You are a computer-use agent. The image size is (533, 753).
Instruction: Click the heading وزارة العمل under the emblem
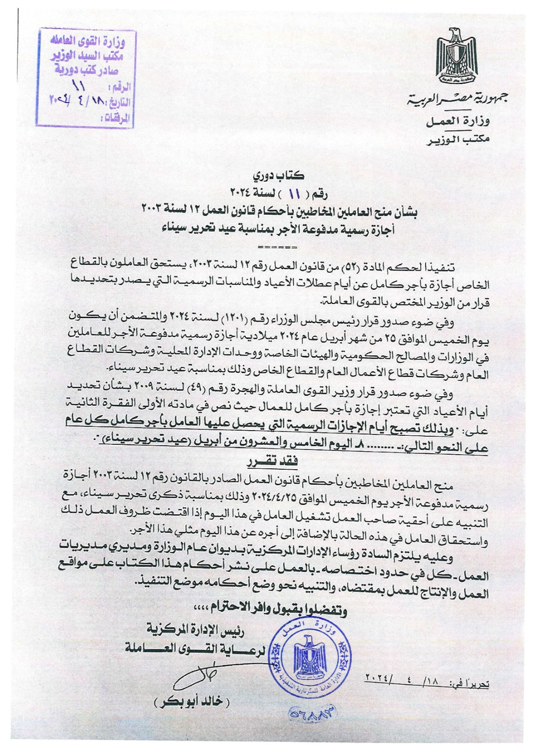coord(457,122)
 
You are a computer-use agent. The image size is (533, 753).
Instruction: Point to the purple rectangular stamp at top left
coord(85,78)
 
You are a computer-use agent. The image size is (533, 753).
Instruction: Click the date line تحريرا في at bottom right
coord(426,680)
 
